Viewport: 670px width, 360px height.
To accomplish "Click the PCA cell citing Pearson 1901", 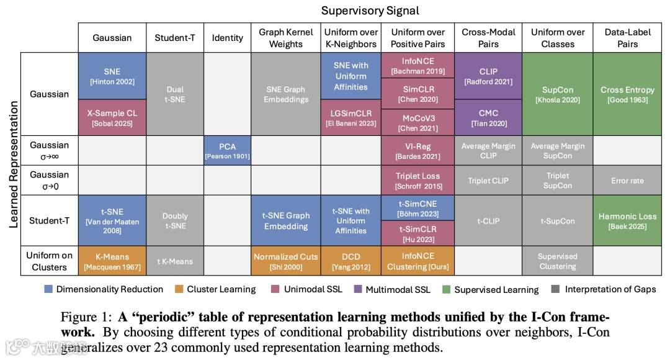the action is pyautogui.click(x=227, y=150).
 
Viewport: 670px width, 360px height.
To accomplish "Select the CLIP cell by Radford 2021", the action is pyautogui.click(x=488, y=76).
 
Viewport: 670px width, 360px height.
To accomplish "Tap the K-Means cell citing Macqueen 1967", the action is pyautogui.click(x=112, y=261).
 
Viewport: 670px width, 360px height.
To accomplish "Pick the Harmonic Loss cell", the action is pyautogui.click(x=627, y=220).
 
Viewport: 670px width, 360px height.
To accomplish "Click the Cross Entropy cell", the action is pyautogui.click(x=627, y=94).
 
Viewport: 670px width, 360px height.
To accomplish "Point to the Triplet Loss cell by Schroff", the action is pyautogui.click(x=418, y=180).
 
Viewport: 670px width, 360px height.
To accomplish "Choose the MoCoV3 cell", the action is pyautogui.click(x=418, y=122).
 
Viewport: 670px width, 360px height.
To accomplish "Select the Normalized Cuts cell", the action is pyautogui.click(x=285, y=261).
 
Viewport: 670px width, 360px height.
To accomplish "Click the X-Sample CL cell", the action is pyautogui.click(x=112, y=117).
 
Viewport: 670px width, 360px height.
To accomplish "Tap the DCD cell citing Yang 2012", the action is pyautogui.click(x=351, y=261).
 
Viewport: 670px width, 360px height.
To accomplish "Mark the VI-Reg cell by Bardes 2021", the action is pyautogui.click(x=418, y=150).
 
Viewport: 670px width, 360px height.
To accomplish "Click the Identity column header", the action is pyautogui.click(x=227, y=38).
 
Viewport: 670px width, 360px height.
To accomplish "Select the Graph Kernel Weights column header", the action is pyautogui.click(x=285, y=38).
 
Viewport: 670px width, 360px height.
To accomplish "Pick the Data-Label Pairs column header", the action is pyautogui.click(x=627, y=38).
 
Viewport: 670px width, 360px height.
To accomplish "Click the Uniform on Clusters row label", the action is pyautogui.click(x=50, y=261).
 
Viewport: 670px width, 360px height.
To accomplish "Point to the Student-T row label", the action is pyautogui.click(x=50, y=220).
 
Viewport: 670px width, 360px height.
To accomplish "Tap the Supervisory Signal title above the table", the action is pyautogui.click(x=370, y=11).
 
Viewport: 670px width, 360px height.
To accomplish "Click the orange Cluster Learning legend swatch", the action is pyautogui.click(x=179, y=289).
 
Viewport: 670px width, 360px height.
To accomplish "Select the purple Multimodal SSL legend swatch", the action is pyautogui.click(x=358, y=289).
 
